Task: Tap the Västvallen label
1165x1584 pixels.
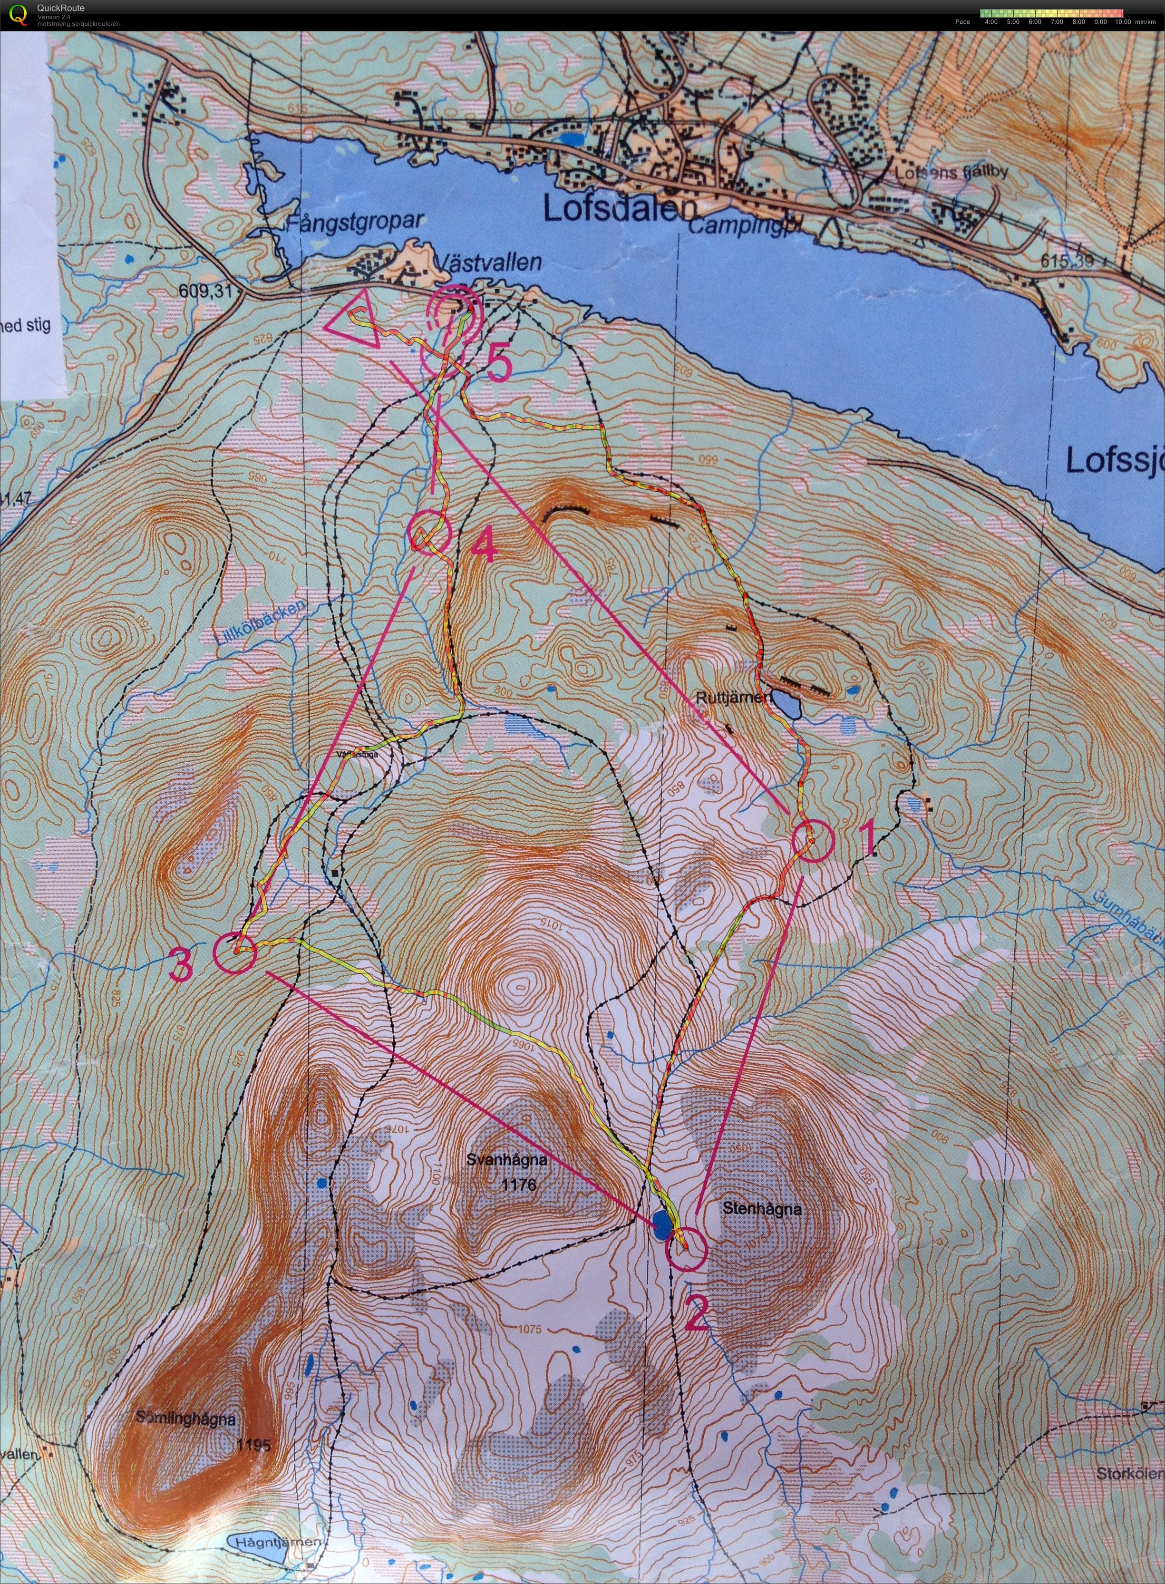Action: coord(489,263)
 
